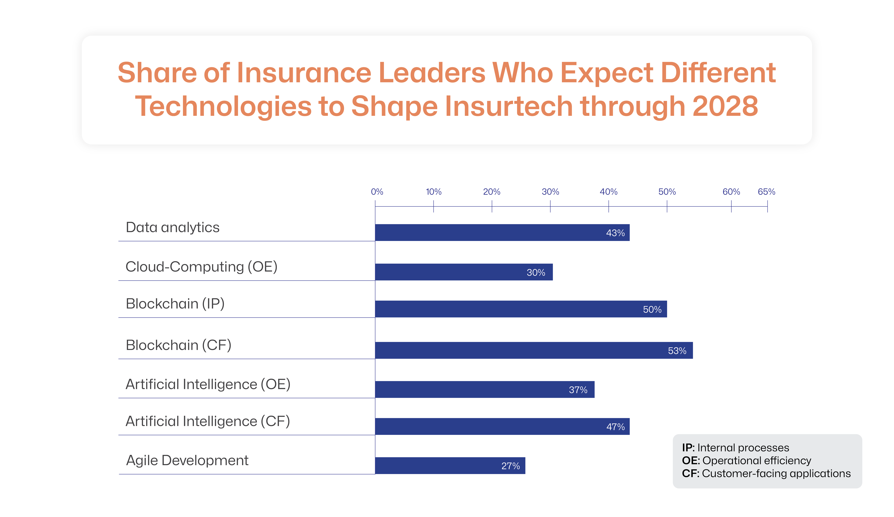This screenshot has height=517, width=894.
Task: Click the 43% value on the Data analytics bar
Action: point(615,233)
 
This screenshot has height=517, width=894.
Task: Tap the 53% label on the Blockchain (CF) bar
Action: point(677,351)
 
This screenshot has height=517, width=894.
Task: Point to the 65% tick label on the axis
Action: point(766,192)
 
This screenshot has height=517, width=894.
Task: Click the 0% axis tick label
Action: point(377,192)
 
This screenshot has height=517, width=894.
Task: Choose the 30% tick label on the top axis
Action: point(550,192)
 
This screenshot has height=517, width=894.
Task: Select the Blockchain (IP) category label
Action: point(175,304)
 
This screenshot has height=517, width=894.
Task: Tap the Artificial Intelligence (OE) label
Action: point(208,384)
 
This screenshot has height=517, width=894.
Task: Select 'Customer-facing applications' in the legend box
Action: point(776,474)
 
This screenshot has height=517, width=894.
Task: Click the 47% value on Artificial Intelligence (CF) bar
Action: point(615,427)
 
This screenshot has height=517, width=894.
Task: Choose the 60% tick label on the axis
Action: point(731,192)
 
